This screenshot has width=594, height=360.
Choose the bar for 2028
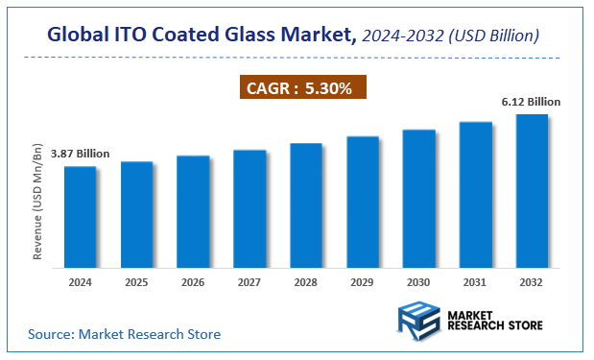click(x=306, y=204)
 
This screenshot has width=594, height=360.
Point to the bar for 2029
click(x=363, y=201)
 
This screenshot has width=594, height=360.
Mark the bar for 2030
click(x=419, y=197)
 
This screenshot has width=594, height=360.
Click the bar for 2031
click(x=476, y=194)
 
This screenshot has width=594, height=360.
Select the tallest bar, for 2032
click(x=532, y=190)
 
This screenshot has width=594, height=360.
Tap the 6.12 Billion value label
click(x=529, y=101)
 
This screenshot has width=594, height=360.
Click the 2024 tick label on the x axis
click(x=80, y=282)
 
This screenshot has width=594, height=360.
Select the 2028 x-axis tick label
click(x=306, y=282)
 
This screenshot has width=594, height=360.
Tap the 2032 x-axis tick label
click(x=532, y=282)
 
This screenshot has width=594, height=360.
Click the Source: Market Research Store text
click(x=124, y=334)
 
